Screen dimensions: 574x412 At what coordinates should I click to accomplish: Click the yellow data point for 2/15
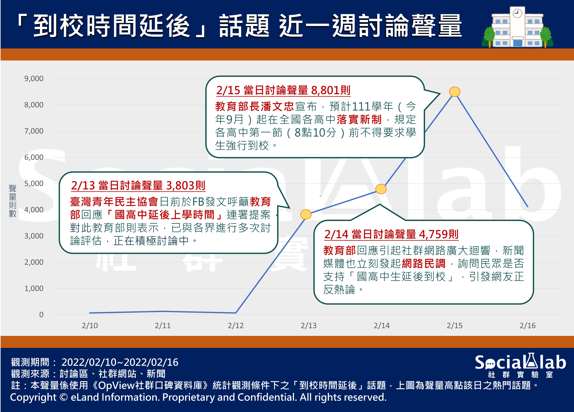tap(454, 91)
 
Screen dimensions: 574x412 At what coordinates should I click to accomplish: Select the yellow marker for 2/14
tap(381, 189)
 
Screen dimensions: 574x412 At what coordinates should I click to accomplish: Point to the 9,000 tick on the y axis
tap(34, 79)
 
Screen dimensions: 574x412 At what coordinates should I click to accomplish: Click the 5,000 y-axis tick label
tap(34, 183)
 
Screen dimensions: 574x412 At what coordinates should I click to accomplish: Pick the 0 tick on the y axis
tap(41, 315)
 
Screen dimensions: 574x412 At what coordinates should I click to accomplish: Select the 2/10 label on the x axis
tap(90, 326)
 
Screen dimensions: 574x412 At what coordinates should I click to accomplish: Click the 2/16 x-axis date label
tap(528, 326)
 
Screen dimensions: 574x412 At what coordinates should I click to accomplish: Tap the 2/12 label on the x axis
tap(236, 326)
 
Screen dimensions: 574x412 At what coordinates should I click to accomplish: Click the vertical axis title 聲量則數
tap(12, 201)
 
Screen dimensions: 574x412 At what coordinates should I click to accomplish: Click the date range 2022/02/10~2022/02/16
tap(120, 362)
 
